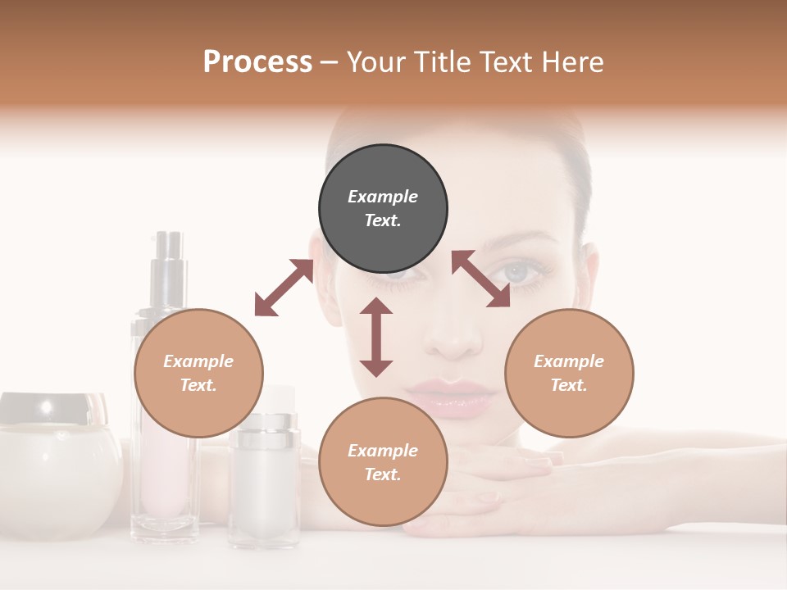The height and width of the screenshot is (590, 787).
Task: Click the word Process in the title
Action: [257, 62]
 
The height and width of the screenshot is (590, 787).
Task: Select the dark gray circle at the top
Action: [383, 208]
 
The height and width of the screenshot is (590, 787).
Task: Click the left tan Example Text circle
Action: [198, 373]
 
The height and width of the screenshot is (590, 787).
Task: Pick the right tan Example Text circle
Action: [569, 373]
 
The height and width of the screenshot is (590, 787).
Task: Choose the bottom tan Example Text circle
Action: [383, 462]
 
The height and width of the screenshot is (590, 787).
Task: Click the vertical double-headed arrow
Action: [376, 337]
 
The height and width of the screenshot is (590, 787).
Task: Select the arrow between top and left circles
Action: [284, 287]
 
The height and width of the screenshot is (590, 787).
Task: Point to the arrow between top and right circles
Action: [481, 279]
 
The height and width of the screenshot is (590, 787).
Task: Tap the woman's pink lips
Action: [453, 393]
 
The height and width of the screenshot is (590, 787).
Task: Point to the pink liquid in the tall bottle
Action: [164, 475]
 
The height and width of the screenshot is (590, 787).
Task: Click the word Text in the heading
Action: [507, 62]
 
